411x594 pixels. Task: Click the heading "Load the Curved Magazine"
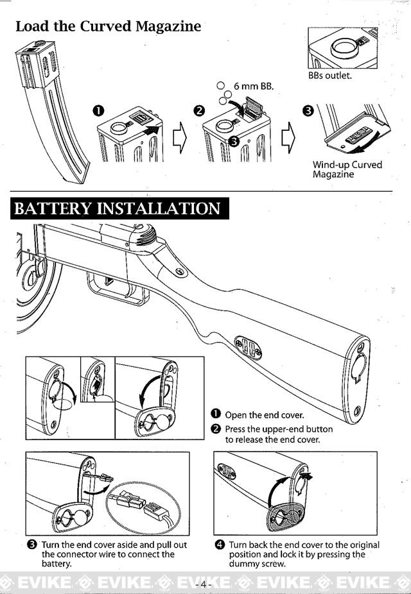tap(108, 26)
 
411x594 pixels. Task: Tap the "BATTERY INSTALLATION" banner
tap(117, 209)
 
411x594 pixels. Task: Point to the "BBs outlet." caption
tap(330, 75)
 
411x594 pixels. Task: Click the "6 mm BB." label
tap(253, 86)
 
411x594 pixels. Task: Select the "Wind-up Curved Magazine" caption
tap(347, 169)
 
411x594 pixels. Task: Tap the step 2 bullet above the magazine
tap(199, 110)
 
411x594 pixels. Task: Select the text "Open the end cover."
tap(264, 415)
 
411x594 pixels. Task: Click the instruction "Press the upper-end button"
tap(279, 429)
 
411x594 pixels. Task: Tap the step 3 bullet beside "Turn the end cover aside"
tap(31, 545)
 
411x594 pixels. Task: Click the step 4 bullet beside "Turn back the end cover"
tap(220, 545)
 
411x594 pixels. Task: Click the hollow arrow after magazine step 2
tap(288, 136)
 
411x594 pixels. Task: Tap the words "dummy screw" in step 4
tap(257, 564)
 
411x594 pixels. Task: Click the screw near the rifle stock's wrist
tap(180, 272)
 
